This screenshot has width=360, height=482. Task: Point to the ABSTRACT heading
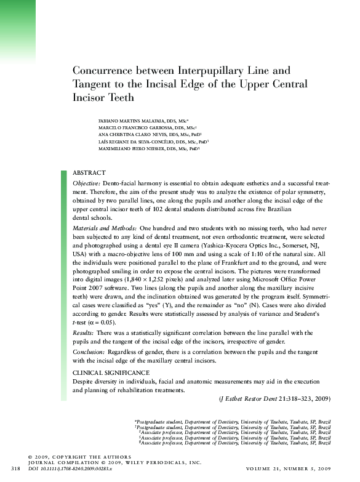coord(89,173)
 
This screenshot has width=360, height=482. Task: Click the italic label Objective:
coord(87,183)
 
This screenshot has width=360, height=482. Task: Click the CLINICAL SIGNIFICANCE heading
coord(111,373)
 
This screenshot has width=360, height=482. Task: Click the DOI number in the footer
coord(78,470)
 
